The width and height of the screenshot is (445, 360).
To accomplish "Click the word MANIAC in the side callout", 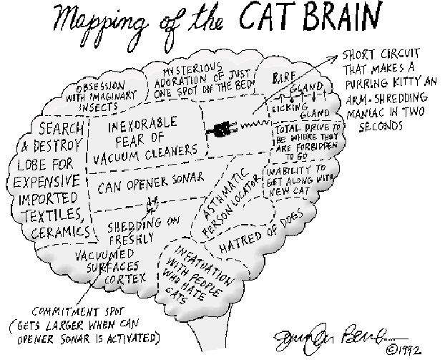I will [367, 112].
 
